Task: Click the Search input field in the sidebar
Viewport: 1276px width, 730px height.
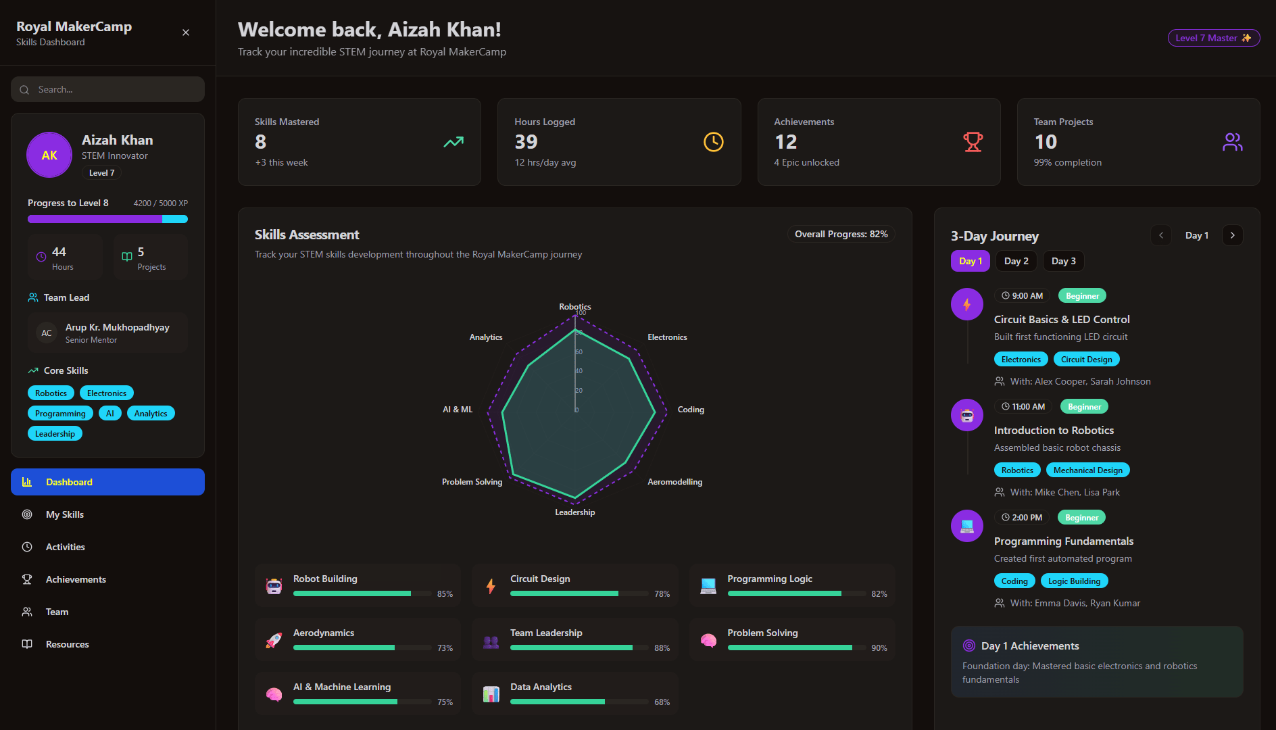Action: tap(108, 89)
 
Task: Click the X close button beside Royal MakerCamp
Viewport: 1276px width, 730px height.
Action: tap(186, 32)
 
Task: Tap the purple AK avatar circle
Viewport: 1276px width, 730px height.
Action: tap(49, 155)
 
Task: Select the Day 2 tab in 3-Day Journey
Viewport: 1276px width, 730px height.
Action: tap(1016, 261)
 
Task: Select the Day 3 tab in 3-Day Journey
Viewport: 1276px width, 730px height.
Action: tap(1063, 261)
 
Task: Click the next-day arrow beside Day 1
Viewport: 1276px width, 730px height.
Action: tap(1232, 235)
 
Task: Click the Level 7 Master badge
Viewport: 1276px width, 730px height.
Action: tap(1213, 38)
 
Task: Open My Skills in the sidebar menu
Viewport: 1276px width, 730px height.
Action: tap(65, 514)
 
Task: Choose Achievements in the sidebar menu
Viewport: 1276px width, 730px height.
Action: tap(76, 579)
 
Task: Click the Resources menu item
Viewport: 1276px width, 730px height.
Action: tap(67, 644)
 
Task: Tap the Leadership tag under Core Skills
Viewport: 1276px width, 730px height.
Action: tap(55, 434)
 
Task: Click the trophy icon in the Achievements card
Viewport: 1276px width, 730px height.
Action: tap(973, 142)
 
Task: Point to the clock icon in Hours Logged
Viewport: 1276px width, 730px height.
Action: tap(713, 142)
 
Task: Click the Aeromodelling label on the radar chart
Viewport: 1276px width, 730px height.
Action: tap(674, 482)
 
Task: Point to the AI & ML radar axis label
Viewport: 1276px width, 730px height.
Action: tap(458, 410)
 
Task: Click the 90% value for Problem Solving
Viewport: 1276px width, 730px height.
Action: tap(879, 648)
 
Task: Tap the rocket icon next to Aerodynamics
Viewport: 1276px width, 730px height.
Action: tap(274, 640)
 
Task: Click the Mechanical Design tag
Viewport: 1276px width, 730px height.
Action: tap(1087, 470)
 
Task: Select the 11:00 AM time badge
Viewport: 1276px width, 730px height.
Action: tap(1023, 407)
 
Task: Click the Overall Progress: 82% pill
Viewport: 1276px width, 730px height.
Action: tap(841, 234)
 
